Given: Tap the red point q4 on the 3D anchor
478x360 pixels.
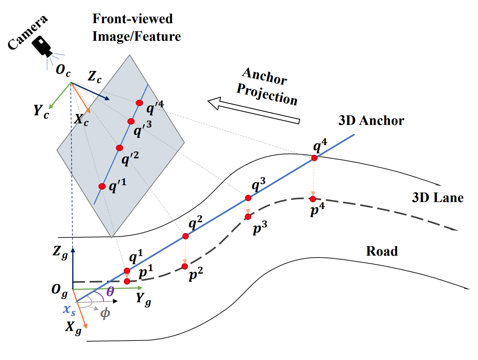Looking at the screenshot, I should pos(315,158).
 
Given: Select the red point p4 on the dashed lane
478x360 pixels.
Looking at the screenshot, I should pos(313,199).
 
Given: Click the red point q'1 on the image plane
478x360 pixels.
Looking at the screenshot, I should pos(102,186).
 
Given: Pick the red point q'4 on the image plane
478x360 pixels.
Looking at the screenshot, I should pos(139,103).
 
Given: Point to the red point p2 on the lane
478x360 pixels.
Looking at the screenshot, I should pos(185,266).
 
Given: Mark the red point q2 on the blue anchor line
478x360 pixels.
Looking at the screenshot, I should pos(186,236).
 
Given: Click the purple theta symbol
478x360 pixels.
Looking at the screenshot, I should pos(110,292).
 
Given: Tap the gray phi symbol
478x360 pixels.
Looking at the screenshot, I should pos(105,313).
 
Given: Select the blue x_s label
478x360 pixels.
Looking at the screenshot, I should pos(69,310).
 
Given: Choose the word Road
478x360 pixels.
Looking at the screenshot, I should pos(382,251).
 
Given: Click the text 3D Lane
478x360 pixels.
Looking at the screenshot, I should pos(437,198).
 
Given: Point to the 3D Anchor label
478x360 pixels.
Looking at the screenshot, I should pos(371,120).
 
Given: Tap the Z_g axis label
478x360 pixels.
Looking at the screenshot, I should pos(60,252).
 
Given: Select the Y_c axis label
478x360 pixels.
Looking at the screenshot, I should pos(41,111).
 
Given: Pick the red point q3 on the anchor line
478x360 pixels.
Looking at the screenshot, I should pos(248,198).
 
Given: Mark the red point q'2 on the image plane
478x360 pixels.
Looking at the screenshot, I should pos(119,148).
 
